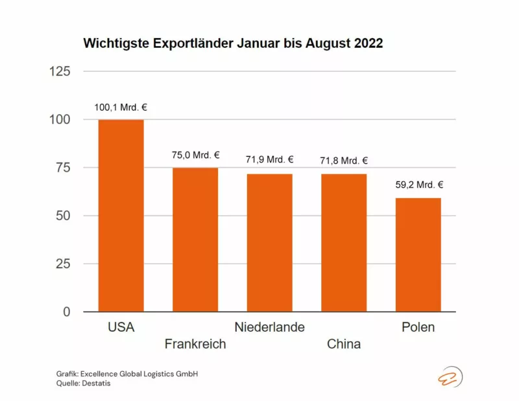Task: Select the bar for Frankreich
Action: [x=195, y=240]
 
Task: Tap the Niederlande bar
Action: [x=269, y=243]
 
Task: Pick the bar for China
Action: [x=344, y=243]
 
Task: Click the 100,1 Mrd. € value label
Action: [x=121, y=108]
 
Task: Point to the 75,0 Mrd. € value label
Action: [x=195, y=155]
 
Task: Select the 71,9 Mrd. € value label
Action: [x=269, y=159]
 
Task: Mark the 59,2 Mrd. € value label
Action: [x=418, y=185]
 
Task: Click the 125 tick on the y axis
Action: [x=60, y=71]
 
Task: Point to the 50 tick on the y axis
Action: [x=64, y=216]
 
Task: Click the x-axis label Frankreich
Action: [x=195, y=344]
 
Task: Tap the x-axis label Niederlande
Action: [x=269, y=327]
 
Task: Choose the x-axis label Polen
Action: [x=418, y=327]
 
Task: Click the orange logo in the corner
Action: [x=448, y=378]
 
